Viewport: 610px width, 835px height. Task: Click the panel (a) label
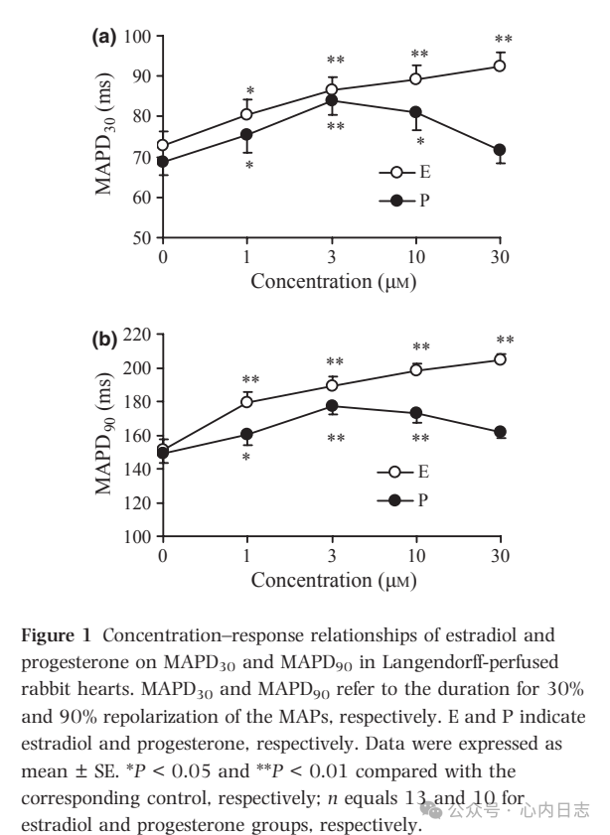click(x=104, y=37)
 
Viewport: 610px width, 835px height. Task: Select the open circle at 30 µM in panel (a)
click(x=500, y=67)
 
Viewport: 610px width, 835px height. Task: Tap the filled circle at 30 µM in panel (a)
click(x=500, y=150)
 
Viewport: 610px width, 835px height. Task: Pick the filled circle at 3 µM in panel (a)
click(x=331, y=100)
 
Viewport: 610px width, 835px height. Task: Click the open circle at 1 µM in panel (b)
click(x=246, y=402)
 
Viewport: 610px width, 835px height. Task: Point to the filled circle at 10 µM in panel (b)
click(x=415, y=413)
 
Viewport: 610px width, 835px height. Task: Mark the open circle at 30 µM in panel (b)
click(x=500, y=359)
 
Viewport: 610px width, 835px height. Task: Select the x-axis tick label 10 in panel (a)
click(x=415, y=257)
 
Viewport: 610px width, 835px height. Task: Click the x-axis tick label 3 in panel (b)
click(x=331, y=555)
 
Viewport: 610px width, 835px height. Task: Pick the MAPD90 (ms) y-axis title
click(x=106, y=436)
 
